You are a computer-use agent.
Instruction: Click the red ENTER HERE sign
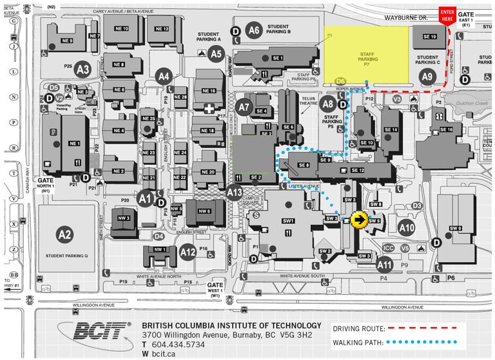point(447,15)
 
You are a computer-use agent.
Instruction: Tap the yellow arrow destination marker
point(360,220)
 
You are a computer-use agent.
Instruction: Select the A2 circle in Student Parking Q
point(64,234)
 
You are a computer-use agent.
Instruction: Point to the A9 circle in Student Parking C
point(427,77)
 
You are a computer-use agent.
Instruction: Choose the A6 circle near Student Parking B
point(254,30)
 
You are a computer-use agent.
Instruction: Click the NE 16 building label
point(209,91)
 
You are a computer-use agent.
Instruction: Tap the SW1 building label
point(288,221)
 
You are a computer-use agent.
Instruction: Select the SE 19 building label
point(430,37)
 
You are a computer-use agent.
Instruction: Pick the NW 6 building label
point(204,211)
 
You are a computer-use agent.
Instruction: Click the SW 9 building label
point(456,228)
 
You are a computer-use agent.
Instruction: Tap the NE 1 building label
point(74,143)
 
